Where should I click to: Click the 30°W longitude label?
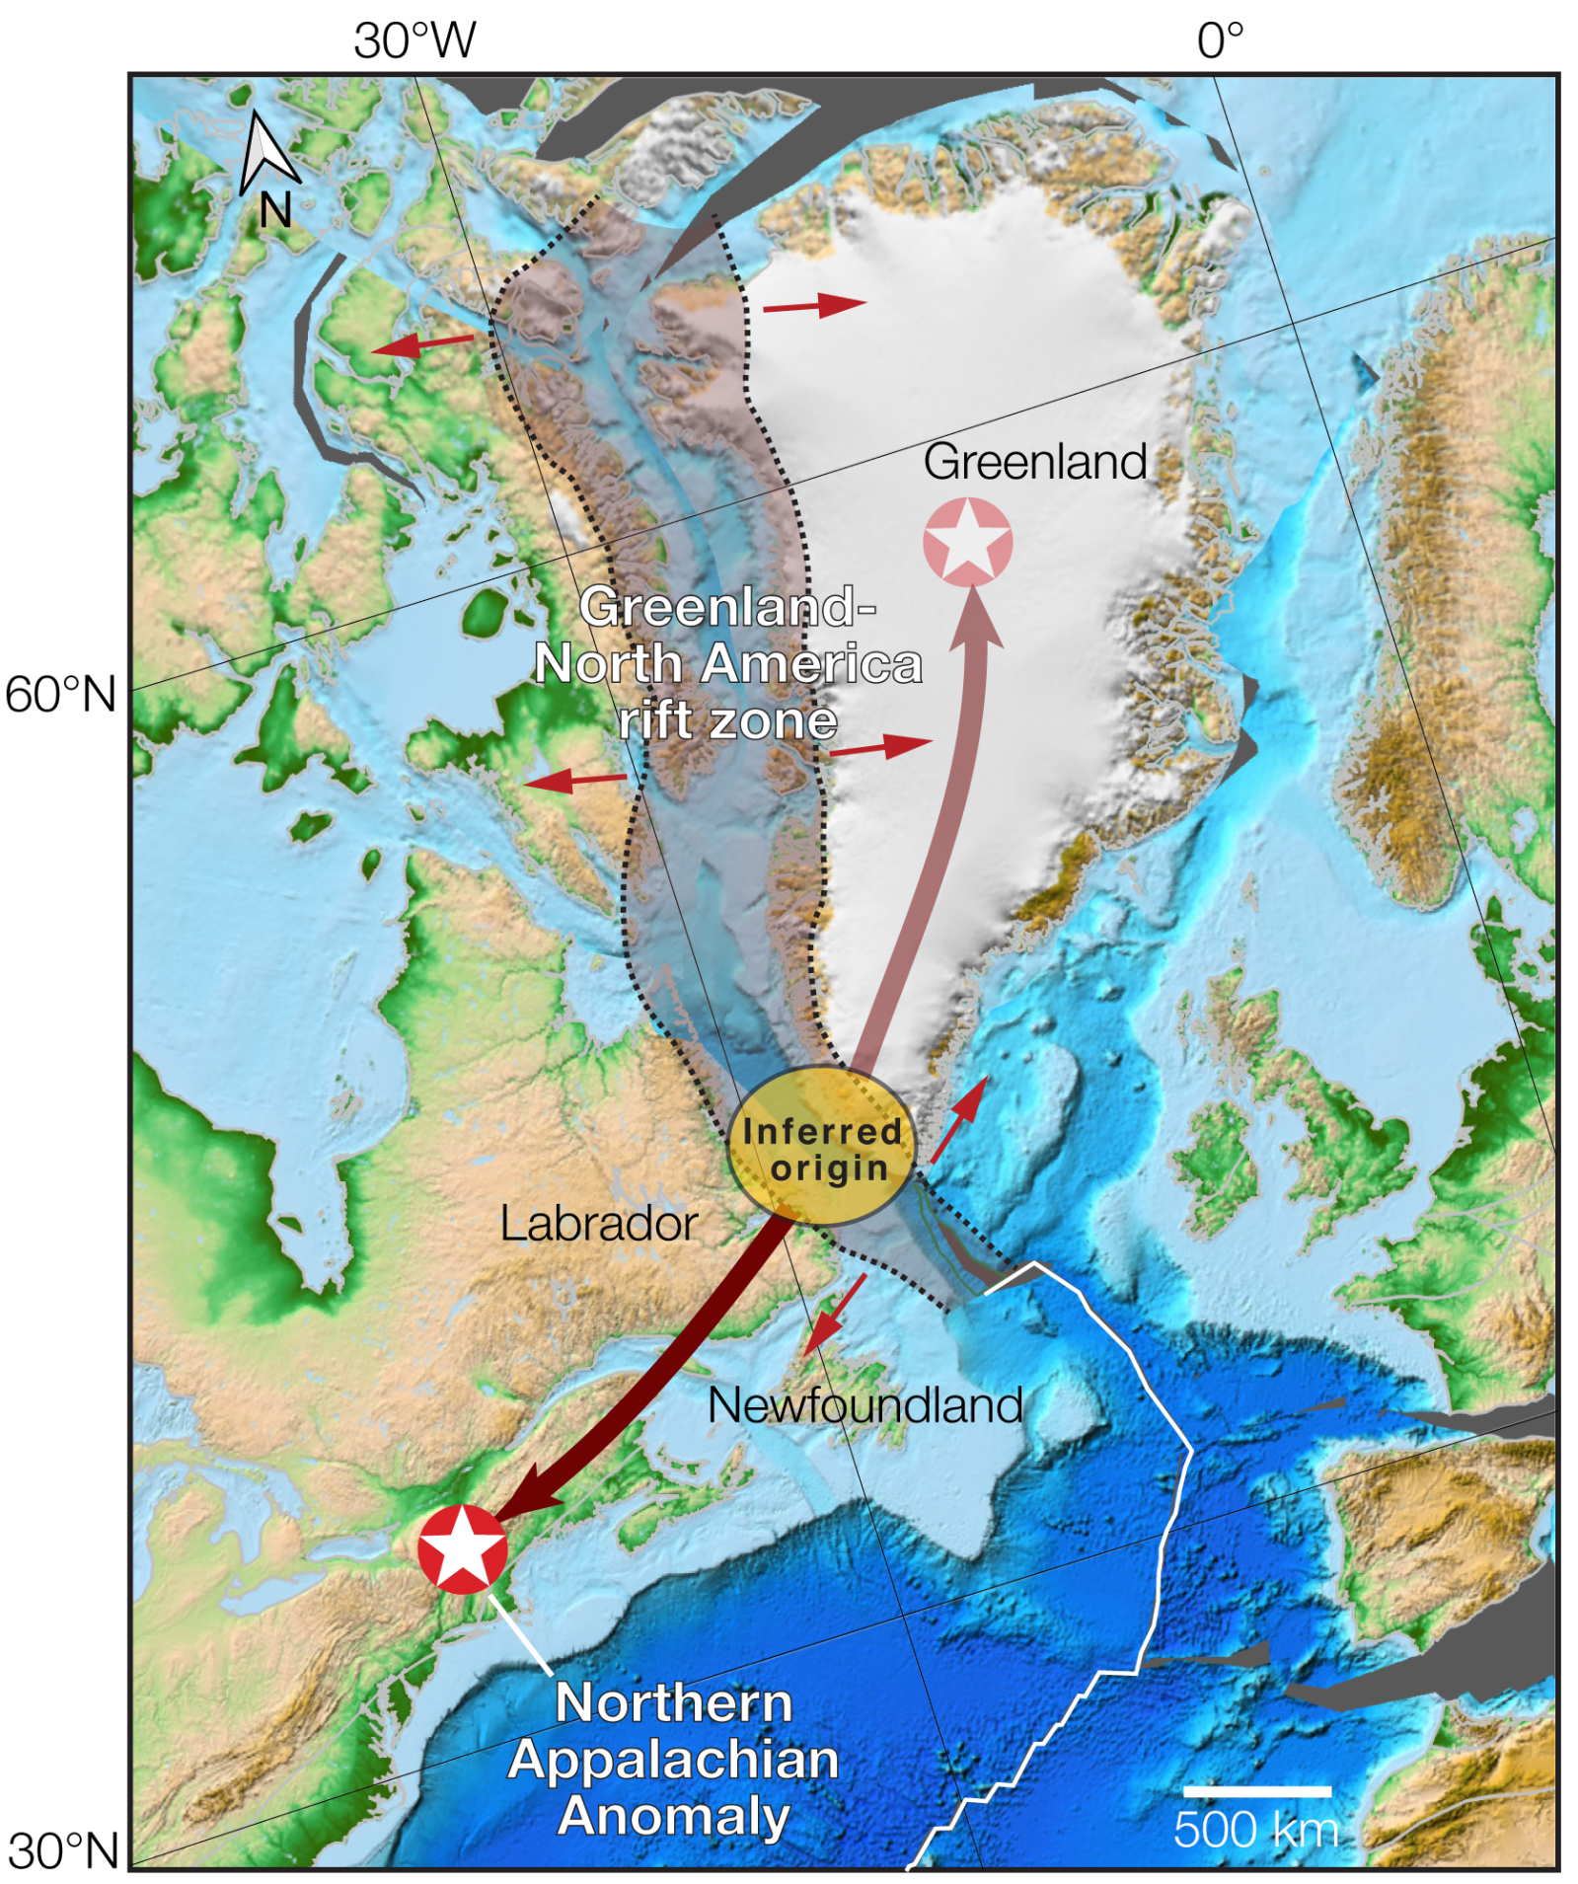pos(414,41)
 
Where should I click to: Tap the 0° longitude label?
pos(1220,41)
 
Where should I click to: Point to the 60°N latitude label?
pos(61,694)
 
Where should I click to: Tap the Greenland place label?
pos(1034,462)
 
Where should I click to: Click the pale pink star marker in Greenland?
pos(967,542)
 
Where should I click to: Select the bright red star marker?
pos(462,1548)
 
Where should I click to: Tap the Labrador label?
pos(598,1224)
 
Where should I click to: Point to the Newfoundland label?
pos(864,1404)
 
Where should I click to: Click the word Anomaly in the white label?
pos(673,1816)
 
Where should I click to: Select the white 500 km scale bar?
pos(1255,1790)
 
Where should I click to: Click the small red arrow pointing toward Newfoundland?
pos(834,1314)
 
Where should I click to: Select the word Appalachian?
pos(673,1760)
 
